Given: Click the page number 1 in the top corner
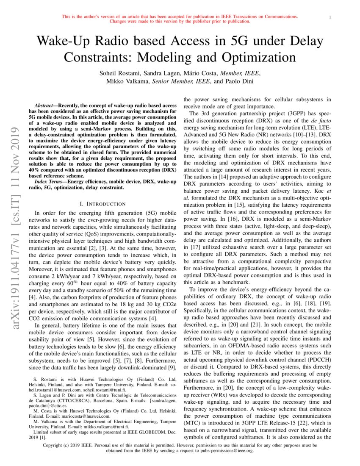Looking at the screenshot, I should [330, 17].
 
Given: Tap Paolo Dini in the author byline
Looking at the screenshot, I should [235, 80].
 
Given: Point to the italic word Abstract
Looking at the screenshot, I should [45, 105].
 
